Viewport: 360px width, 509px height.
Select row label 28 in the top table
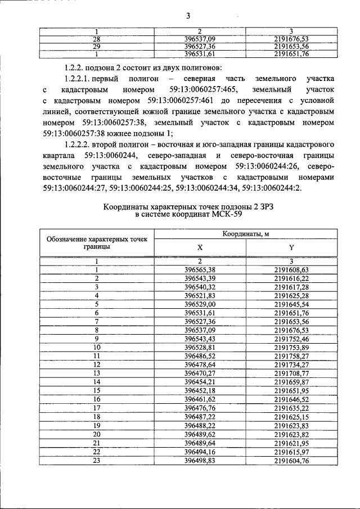tap(97, 39)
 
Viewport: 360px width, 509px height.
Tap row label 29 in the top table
tap(97, 47)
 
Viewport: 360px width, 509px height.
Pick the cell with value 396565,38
tap(200, 269)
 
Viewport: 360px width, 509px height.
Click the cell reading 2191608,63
tap(291, 269)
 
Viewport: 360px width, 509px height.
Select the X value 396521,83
tap(200, 295)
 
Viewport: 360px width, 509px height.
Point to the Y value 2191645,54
tap(291, 304)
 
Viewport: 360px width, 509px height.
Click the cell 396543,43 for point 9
tap(200, 339)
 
